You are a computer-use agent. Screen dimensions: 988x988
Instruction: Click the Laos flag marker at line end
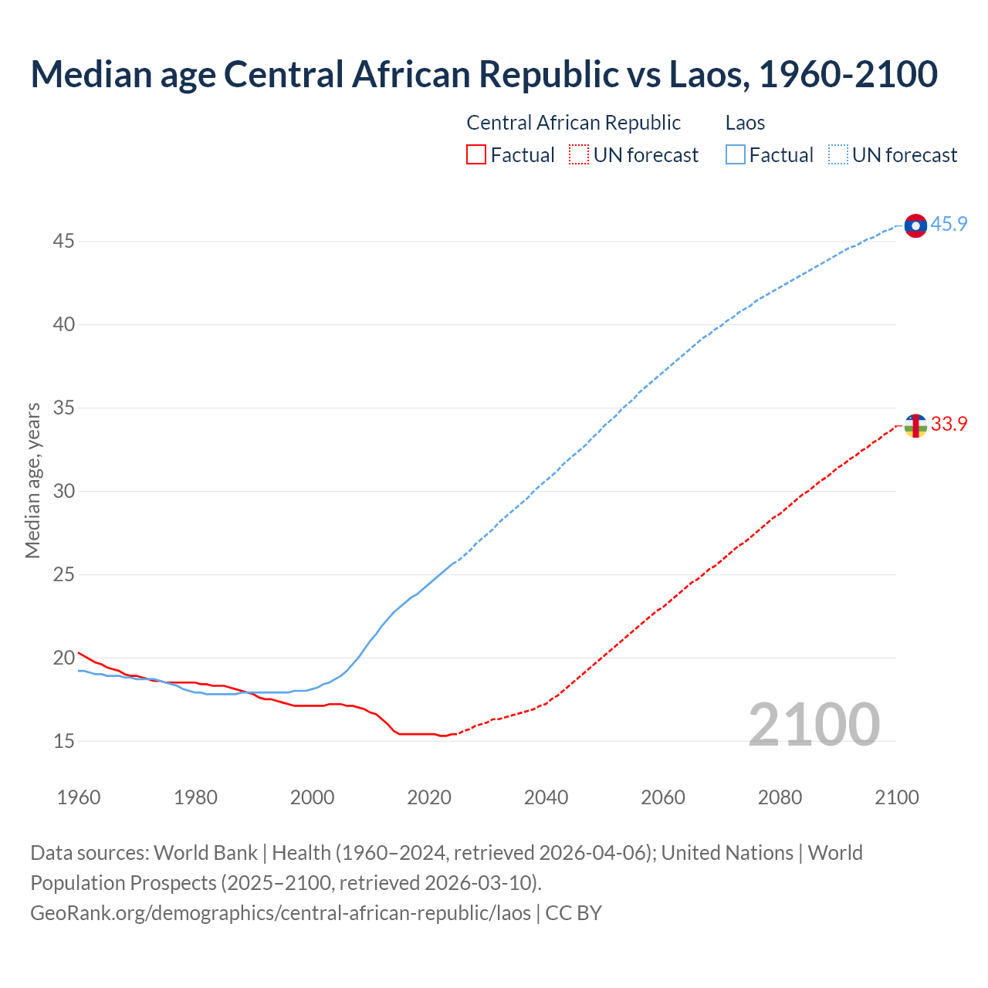(915, 225)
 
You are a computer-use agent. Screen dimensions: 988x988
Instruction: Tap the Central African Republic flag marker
(915, 425)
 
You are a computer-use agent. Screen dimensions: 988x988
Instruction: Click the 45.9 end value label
(949, 225)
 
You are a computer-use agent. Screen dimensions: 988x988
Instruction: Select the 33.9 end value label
(949, 425)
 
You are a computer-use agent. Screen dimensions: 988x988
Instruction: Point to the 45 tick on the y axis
(63, 242)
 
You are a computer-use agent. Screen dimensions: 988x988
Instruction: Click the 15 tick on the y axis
(63, 742)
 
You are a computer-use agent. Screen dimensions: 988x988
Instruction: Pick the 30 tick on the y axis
(63, 492)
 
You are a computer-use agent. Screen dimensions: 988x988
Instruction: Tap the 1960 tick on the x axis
(79, 797)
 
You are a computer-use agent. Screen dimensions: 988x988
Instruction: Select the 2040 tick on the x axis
(546, 797)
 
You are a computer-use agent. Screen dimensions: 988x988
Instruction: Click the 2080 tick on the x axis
(780, 797)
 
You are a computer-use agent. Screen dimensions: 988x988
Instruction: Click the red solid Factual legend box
(476, 155)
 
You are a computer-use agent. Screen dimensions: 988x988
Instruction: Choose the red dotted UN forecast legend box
(579, 155)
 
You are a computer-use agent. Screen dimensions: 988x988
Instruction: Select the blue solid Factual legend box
(735, 155)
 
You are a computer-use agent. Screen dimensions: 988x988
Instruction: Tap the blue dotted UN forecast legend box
(837, 155)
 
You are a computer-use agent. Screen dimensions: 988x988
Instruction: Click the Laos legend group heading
(745, 123)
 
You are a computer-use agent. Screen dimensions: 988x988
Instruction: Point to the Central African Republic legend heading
(574, 123)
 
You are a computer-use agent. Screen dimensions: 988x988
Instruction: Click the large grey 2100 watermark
(814, 724)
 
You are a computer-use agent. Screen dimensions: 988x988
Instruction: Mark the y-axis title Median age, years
(32, 480)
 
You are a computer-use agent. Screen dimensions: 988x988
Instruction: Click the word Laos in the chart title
(708, 74)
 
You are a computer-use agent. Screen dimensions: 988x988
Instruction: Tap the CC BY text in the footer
(574, 913)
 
